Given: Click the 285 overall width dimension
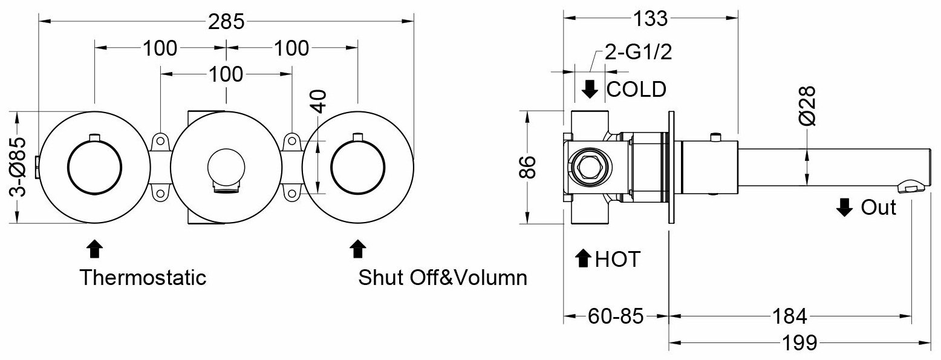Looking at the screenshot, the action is (226, 22).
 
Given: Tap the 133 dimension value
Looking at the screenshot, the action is (650, 19).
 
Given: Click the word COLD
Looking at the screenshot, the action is (636, 89).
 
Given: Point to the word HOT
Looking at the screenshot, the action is (617, 259).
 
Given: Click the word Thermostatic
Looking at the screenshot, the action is (143, 277).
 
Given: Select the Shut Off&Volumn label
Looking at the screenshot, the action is (442, 277).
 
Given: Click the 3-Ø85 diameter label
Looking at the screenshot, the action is (18, 167).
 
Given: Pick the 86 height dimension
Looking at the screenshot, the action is (527, 167).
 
